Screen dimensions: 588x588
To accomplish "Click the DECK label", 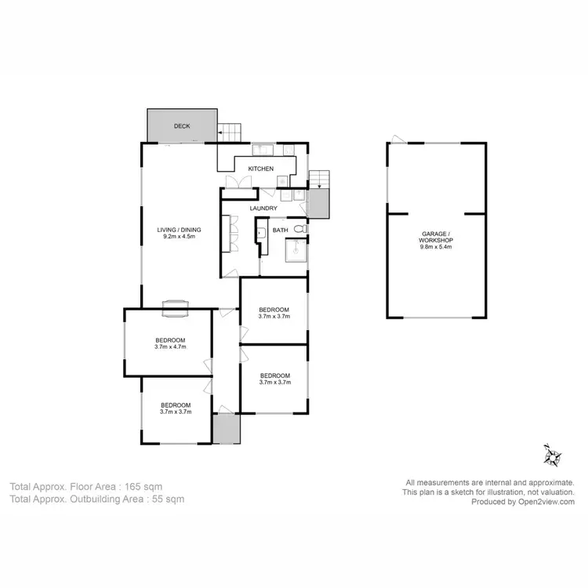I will (182, 125).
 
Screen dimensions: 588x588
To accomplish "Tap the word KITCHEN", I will (261, 169).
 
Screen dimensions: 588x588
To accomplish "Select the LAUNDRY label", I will (263, 208).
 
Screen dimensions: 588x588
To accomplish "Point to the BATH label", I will (281, 230).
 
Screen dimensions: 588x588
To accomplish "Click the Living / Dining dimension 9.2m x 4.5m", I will (182, 236).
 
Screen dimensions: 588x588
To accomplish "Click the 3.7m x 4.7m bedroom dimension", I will (170, 347).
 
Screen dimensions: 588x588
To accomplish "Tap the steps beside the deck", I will (229, 132).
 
